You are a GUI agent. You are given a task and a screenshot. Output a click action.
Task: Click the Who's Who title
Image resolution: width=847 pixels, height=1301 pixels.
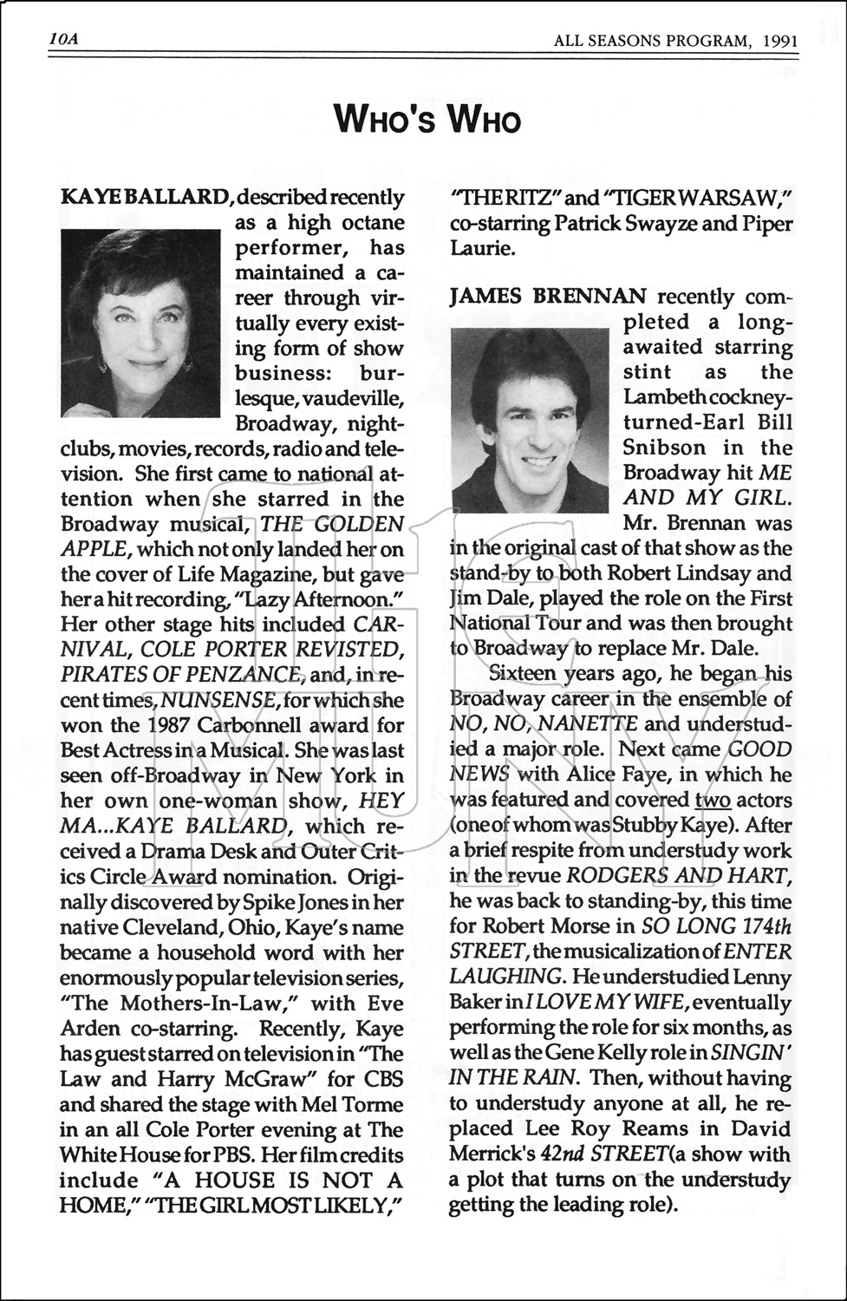pyautogui.click(x=427, y=119)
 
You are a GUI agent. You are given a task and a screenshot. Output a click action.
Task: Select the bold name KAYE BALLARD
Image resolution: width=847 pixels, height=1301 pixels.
pyautogui.click(x=145, y=197)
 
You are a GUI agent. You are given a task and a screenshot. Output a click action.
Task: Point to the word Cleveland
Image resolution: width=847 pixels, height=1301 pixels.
pyautogui.click(x=166, y=927)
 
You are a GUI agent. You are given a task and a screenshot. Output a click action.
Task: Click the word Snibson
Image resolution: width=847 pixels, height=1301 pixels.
pyautogui.click(x=664, y=448)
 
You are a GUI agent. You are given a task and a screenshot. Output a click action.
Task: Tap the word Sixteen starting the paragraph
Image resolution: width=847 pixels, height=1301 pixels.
pyautogui.click(x=524, y=673)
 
